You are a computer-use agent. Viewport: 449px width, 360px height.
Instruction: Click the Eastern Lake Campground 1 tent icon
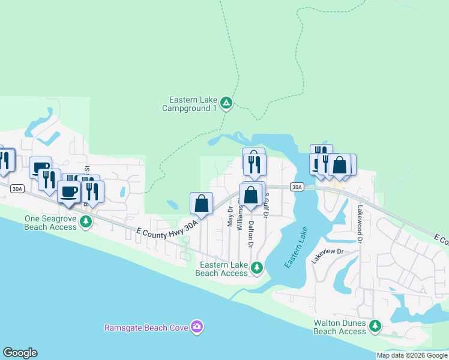point(226,104)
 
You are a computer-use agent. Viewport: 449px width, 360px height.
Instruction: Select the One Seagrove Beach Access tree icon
point(86,223)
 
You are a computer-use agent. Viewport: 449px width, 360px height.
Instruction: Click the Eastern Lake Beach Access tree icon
point(257,267)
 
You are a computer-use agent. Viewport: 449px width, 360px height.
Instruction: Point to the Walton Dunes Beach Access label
point(340,327)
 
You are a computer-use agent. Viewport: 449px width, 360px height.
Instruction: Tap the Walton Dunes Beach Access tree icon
point(375,326)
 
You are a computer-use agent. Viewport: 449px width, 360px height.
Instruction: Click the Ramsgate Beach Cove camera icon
point(197,327)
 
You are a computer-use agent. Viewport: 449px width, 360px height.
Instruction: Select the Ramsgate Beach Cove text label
point(146,328)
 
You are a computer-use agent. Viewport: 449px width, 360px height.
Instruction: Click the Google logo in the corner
point(20,353)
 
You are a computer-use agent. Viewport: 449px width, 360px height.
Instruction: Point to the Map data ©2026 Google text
point(412,355)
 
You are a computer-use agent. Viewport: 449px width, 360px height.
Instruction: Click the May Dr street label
point(230,217)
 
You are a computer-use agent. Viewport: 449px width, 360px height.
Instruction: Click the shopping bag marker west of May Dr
point(202,203)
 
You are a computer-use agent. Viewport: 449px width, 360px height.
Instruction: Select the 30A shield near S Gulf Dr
point(297,187)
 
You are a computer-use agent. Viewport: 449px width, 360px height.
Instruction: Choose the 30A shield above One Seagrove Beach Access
point(17,188)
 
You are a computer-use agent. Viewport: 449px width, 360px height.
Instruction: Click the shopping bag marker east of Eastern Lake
point(339,164)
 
